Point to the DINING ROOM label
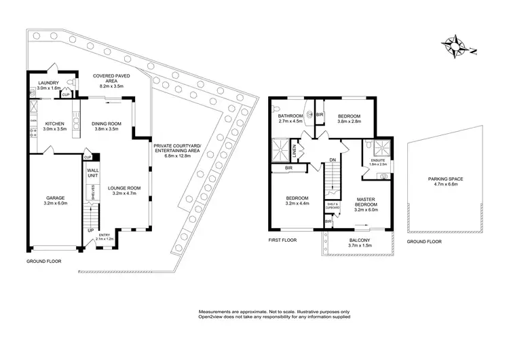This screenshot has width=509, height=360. [105, 123]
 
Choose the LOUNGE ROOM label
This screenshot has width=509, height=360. [124, 187]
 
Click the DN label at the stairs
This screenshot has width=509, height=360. [333, 160]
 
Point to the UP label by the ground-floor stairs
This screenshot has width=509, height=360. [91, 230]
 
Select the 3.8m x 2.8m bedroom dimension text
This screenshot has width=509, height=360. [349, 122]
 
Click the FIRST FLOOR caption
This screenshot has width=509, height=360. [284, 240]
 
